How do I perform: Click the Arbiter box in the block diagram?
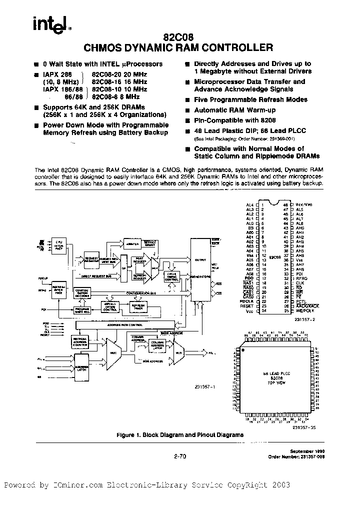(x=132, y=243)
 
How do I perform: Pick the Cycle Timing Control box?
(x=173, y=276)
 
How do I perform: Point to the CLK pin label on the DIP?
(x=298, y=283)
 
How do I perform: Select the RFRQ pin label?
(x=300, y=278)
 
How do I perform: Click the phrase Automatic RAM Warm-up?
(x=229, y=110)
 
